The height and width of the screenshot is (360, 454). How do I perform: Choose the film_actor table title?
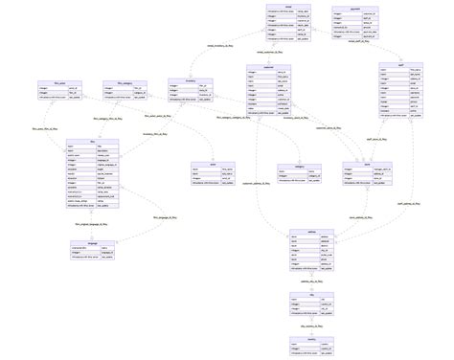click(47, 81)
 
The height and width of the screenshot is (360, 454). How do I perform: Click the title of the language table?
click(92, 242)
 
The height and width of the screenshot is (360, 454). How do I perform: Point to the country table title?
click(311, 337)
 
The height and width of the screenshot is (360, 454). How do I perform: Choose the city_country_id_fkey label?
click(311, 326)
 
